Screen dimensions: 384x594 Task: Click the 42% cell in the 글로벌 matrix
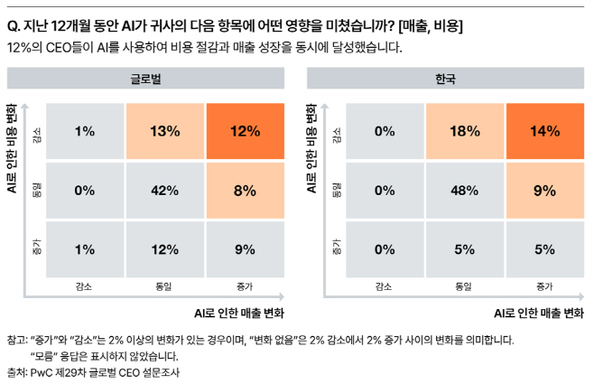click(x=164, y=191)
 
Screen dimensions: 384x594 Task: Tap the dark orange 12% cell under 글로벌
click(x=244, y=131)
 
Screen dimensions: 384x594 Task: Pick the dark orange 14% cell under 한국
click(x=543, y=131)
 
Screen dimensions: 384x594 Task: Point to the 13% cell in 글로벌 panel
click(x=164, y=131)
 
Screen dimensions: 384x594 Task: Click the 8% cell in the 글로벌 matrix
click(x=244, y=191)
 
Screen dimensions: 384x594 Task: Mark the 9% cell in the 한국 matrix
click(x=543, y=191)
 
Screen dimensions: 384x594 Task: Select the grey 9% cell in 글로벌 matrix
click(x=244, y=249)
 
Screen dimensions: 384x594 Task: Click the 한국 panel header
click(x=445, y=80)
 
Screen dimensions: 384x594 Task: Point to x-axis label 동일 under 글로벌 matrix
click(x=164, y=286)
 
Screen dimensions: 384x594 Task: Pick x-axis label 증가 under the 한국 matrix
click(x=543, y=286)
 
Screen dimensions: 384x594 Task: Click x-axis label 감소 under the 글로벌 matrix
click(x=85, y=286)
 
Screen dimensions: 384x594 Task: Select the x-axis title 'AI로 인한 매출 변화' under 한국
click(x=538, y=314)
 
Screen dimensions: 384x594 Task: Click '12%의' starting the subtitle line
click(x=24, y=48)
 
